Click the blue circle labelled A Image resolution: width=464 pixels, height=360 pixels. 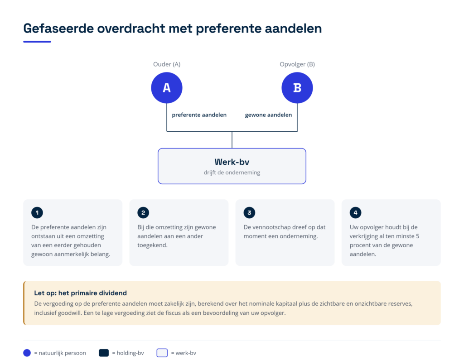tap(167, 88)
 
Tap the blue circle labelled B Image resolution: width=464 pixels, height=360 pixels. tap(297, 88)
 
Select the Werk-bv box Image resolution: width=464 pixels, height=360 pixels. tap(232, 166)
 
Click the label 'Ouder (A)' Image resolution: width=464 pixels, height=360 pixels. tap(167, 64)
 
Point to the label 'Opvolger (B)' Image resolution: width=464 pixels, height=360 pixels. tap(297, 64)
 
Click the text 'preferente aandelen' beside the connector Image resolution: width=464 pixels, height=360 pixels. tap(199, 115)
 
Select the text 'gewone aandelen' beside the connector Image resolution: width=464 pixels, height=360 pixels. tap(268, 115)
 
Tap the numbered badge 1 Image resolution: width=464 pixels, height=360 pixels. tap(37, 212)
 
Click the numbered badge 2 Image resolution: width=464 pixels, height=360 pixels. tap(143, 212)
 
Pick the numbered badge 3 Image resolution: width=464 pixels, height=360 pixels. tap(249, 212)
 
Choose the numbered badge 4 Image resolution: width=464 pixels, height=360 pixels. tap(355, 212)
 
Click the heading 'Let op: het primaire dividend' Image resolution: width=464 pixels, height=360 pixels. tap(81, 293)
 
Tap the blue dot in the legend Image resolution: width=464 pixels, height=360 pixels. tap(27, 353)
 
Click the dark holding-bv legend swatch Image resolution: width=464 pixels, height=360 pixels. tap(104, 353)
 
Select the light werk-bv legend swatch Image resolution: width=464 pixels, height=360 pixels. tap(162, 353)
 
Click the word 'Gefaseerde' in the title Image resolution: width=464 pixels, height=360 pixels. tap(58, 29)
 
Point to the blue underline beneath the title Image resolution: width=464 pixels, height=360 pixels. tap(37, 42)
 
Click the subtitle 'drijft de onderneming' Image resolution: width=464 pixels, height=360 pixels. tap(232, 173)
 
